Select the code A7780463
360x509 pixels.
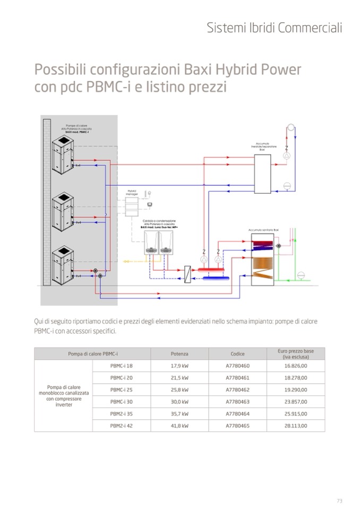[x=237, y=402]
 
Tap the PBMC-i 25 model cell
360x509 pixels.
[x=122, y=390]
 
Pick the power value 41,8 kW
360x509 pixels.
[x=179, y=426]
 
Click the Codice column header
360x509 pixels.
[x=237, y=353]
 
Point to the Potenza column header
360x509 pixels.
[x=179, y=353]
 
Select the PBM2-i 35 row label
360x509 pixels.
[x=122, y=413]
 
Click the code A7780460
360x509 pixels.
[x=237, y=366]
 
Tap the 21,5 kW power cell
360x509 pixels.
[x=179, y=378]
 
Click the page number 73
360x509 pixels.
[x=339, y=501]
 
